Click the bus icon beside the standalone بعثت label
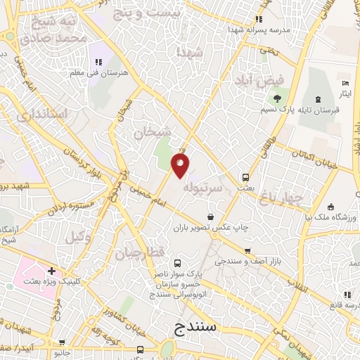click(245, 177)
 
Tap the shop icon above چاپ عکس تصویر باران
click(210, 217)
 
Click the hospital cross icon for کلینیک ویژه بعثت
click(51, 271)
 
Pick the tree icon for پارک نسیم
click(278, 98)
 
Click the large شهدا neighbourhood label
click(191, 53)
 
